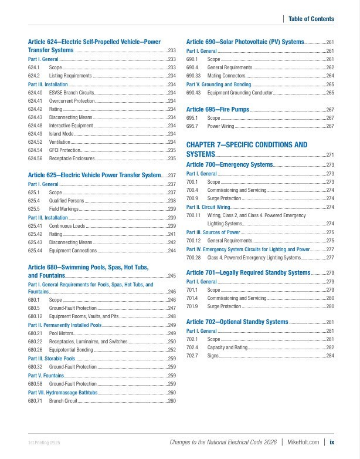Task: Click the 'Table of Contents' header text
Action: [x=311, y=19]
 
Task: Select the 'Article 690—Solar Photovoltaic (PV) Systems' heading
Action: [x=245, y=42]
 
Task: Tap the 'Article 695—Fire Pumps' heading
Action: [x=218, y=110]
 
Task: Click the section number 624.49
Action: [x=35, y=134]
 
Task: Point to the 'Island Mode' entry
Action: [x=61, y=134]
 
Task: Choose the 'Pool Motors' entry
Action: [x=61, y=333]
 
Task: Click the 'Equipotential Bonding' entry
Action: [x=71, y=350]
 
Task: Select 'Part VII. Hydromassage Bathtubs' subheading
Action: [x=62, y=392]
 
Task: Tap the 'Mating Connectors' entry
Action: [x=226, y=76]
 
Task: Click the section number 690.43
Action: [x=193, y=93]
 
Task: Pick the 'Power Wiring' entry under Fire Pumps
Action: [x=220, y=126]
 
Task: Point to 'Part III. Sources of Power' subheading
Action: [x=213, y=232]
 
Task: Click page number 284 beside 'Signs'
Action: [x=330, y=356]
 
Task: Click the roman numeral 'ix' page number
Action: [x=332, y=443]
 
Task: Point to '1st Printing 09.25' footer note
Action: [x=44, y=443]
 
